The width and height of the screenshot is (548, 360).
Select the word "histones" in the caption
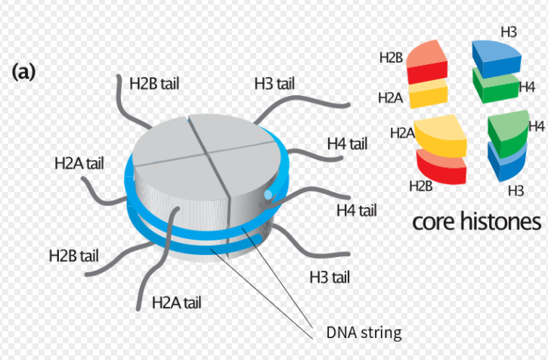pos(502,222)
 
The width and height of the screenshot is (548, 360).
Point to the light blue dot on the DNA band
pos(268,196)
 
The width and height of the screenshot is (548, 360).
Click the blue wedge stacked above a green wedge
pos(497,57)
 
